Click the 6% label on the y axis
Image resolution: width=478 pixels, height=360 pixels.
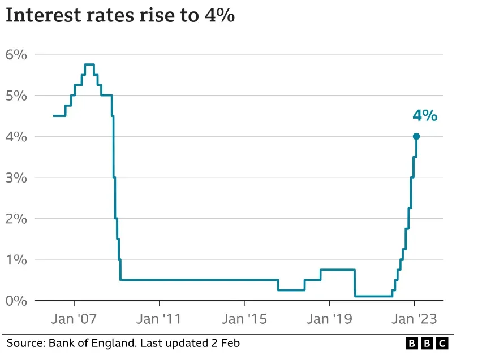16,55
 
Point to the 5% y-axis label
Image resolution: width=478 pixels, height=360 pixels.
16,96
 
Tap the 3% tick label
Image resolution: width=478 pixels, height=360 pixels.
16,177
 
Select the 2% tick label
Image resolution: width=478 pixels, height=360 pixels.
16,219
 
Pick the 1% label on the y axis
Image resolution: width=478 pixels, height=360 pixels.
16,259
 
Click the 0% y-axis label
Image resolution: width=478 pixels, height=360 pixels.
16,300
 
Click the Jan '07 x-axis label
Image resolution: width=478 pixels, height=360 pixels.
74,319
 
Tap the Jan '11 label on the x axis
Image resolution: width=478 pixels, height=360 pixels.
159,319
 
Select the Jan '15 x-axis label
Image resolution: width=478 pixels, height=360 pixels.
244,319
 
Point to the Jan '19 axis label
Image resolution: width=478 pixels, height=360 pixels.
329,319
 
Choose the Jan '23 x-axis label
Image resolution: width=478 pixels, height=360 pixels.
415,319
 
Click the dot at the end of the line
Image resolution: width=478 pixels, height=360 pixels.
416,136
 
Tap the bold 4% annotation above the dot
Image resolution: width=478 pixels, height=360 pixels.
424,116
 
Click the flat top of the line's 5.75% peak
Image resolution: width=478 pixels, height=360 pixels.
89,64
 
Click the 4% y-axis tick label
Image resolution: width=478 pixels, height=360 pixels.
16,137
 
